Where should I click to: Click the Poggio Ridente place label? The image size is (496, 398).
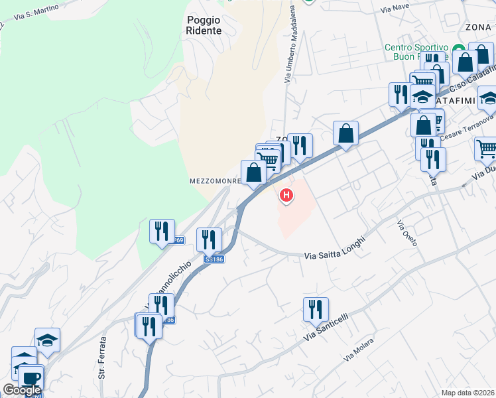click(x=204, y=25)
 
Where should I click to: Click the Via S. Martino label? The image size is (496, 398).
click(x=35, y=11)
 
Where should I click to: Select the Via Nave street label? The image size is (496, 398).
click(x=395, y=9)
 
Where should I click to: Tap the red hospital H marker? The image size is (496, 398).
click(x=286, y=195)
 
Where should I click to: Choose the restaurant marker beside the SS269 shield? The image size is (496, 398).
click(x=162, y=231)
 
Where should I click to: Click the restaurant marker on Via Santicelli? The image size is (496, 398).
click(x=316, y=308)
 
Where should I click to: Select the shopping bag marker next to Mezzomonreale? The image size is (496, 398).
click(x=253, y=172)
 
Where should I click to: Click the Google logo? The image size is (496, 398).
click(x=22, y=390)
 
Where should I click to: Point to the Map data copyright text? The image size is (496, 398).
click(x=468, y=393)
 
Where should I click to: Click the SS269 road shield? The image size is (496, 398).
click(x=176, y=241)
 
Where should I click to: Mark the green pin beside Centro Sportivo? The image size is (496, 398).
click(x=458, y=50)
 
